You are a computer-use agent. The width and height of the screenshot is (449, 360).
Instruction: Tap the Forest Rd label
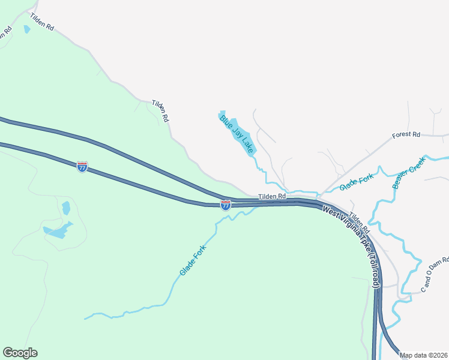[406, 135]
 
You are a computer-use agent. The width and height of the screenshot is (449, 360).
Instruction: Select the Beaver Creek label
[409, 173]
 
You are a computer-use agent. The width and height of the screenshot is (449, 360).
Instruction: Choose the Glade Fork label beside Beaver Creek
[357, 181]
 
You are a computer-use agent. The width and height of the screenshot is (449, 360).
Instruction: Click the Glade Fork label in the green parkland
[193, 260]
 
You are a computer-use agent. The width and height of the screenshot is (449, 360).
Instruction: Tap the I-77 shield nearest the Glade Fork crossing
[226, 205]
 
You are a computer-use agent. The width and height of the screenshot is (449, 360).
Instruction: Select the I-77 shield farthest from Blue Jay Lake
[82, 167]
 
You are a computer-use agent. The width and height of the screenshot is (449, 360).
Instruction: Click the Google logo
[20, 353]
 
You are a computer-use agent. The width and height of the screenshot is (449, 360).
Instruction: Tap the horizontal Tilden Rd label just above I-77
[273, 196]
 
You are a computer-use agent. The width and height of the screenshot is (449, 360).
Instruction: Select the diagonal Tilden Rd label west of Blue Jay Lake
[160, 111]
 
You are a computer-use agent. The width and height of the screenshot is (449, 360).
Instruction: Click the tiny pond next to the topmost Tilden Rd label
[26, 29]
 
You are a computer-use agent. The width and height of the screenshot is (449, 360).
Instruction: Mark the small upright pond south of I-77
[66, 208]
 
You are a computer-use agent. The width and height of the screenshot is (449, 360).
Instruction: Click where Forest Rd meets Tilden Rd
[319, 196]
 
